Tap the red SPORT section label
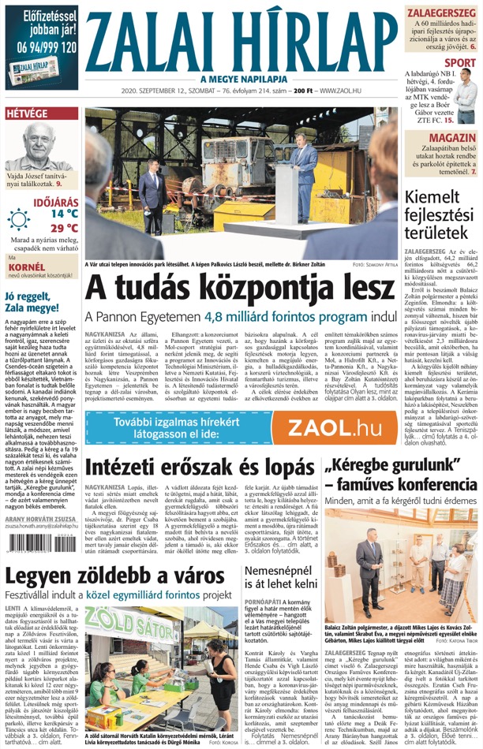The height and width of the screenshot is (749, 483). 460,62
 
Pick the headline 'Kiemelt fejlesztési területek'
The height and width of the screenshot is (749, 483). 439,218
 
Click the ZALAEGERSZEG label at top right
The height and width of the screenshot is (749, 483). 441,13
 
